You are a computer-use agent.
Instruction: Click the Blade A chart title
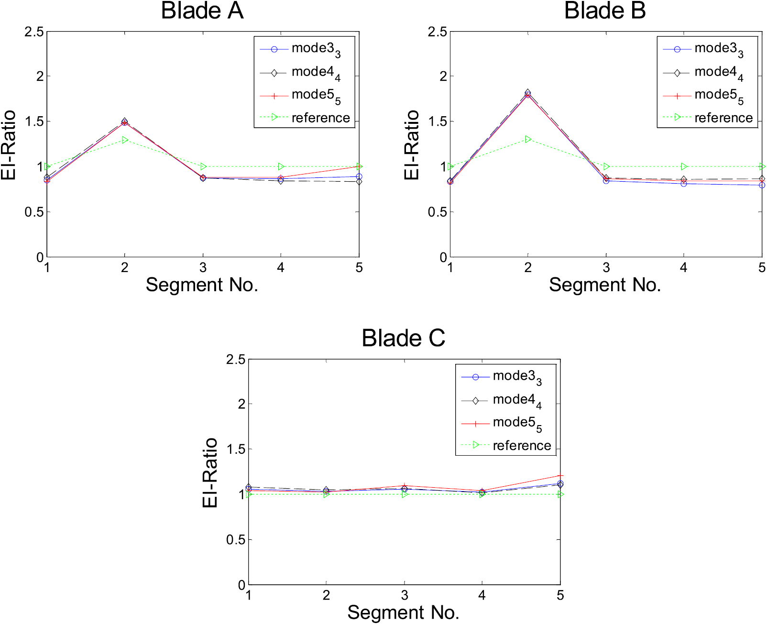pos(202,11)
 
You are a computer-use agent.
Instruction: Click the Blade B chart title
pos(605,11)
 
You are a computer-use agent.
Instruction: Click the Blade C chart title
pos(403,338)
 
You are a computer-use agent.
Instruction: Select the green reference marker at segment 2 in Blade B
pos(528,139)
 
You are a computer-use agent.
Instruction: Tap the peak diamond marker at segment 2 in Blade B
pos(528,92)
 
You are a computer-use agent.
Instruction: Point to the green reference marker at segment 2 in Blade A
pos(125,140)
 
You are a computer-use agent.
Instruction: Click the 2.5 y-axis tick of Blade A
pos(34,32)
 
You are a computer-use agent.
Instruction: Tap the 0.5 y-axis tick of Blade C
pos(236,540)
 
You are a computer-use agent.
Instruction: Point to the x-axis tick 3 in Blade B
pos(606,268)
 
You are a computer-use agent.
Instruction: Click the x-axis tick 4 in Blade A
pos(281,268)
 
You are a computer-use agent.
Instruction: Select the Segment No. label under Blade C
pos(403,613)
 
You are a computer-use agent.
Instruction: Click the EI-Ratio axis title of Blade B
pos(411,145)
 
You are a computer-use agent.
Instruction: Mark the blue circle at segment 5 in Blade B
pos(762,185)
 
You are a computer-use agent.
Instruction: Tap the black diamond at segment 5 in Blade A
pos(359,182)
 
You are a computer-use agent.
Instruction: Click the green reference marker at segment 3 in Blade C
pos(405,494)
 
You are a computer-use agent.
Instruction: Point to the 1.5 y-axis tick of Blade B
pos(437,121)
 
